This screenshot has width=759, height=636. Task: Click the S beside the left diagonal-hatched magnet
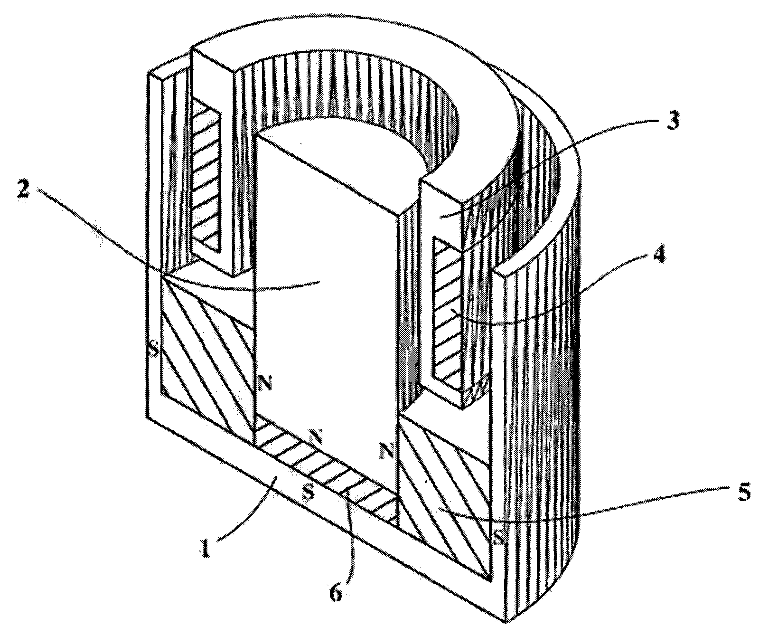click(154, 351)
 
